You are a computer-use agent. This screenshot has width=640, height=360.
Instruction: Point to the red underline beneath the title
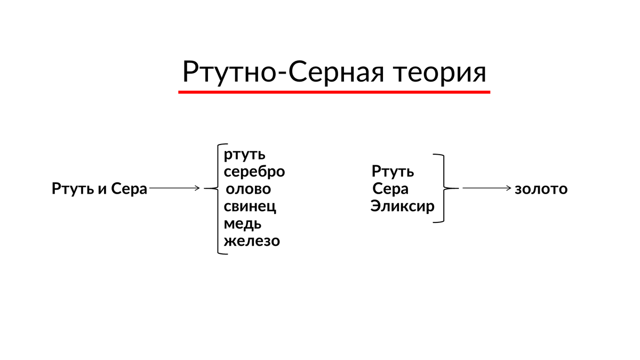(334, 92)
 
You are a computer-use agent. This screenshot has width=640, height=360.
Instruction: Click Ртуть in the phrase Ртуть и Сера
(73, 189)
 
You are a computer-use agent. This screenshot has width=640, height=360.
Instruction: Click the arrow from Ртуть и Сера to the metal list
(175, 188)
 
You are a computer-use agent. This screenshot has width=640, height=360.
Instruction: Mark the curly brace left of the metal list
(216, 197)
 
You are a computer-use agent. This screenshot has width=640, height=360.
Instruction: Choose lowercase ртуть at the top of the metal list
(244, 155)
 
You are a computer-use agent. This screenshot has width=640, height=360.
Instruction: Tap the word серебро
(254, 172)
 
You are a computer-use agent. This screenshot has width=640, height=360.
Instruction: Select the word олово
(249, 189)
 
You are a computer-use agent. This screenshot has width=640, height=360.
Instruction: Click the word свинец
(250, 206)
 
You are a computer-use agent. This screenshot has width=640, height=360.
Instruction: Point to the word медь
(243, 223)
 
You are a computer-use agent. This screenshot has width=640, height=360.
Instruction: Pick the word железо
(252, 241)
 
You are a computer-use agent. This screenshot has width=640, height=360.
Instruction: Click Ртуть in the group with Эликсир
(393, 172)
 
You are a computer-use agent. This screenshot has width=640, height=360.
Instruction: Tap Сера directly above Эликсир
(390, 189)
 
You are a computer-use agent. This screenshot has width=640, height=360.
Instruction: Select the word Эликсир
(403, 206)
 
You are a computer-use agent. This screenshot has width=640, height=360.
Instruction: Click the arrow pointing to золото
(487, 188)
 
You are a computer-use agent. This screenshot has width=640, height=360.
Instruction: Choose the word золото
(541, 189)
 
